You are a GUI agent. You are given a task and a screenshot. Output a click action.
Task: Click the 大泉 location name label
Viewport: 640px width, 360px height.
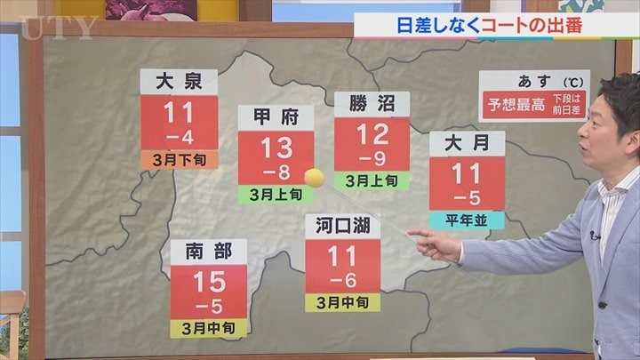coord(179,82)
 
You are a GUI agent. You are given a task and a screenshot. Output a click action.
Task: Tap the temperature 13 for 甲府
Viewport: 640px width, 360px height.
coord(276,145)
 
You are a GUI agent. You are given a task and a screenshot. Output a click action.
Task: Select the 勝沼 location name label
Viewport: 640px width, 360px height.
coord(372,104)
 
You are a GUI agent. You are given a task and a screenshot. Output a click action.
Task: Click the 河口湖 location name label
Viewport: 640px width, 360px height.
coord(342,226)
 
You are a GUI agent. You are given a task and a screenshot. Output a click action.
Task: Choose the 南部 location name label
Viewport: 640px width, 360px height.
coord(209,252)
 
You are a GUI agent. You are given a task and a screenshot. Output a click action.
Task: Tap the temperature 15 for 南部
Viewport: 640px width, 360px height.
coord(209,283)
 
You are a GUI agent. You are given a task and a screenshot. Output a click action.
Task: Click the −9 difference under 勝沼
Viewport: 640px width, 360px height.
coord(372,157)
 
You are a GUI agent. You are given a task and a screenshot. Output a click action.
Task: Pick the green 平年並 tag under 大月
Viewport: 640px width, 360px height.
coord(466,220)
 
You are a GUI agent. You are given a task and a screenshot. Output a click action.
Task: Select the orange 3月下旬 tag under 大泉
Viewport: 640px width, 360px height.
coord(179,159)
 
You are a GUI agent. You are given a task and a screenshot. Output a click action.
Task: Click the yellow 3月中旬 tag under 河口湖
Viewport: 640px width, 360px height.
coord(342,302)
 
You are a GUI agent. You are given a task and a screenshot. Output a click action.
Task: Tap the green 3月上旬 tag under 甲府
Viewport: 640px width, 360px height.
coord(276,193)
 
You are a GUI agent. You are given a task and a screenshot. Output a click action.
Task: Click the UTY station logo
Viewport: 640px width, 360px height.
coord(57,28)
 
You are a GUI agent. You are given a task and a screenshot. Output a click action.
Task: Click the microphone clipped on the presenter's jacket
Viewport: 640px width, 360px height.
coord(594,236)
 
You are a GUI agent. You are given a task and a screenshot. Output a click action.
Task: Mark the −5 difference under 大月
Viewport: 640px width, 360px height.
coord(466,196)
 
